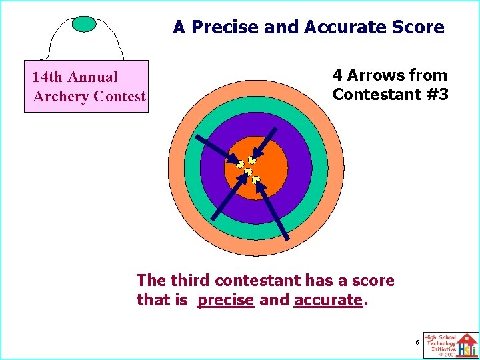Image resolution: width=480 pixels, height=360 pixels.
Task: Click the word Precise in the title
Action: tap(220, 27)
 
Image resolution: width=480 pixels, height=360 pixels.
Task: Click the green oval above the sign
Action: tap(84, 24)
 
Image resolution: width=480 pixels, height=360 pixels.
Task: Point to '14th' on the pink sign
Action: tap(48, 77)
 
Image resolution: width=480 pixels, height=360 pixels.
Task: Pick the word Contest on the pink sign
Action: tap(119, 97)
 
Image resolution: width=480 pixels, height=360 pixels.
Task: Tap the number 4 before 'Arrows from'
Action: tap(338, 75)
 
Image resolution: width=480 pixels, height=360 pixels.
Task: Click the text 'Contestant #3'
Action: tap(391, 95)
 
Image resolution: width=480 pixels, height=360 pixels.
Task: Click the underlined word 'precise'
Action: tap(225, 301)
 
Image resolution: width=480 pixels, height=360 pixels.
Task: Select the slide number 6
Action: tap(417, 342)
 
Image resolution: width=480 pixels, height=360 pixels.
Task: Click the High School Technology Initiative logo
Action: tap(451, 345)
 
